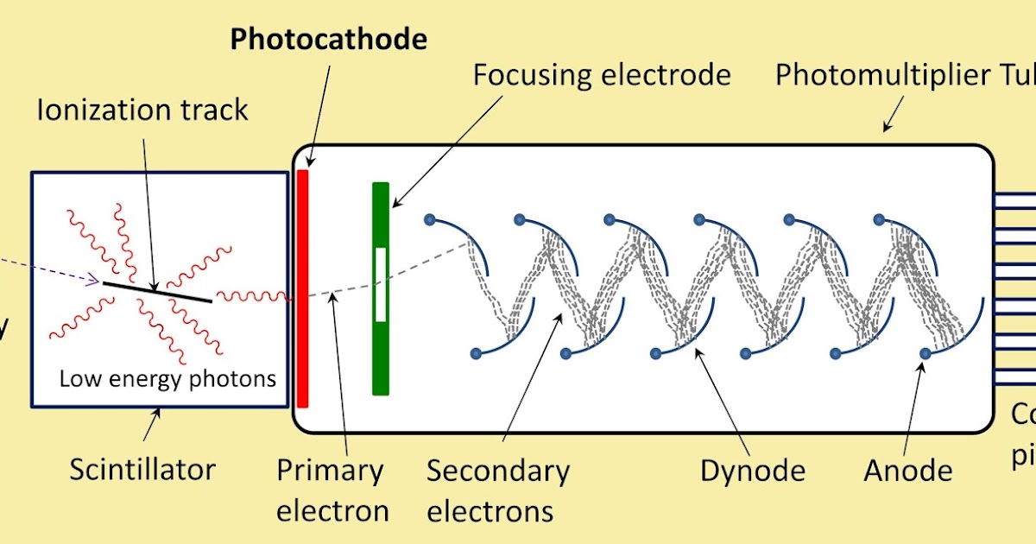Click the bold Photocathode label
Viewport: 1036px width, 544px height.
329,39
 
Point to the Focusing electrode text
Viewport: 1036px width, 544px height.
602,75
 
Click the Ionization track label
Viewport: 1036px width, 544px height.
142,110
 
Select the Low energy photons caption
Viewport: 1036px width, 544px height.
167,378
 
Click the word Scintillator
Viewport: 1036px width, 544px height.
142,470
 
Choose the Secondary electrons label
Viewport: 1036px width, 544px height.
498,490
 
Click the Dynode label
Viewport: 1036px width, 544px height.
752,471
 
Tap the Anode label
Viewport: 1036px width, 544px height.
908,471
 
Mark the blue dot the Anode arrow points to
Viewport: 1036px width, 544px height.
925,353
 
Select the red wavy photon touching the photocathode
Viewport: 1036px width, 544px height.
255,296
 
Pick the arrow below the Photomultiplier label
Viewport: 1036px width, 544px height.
893,113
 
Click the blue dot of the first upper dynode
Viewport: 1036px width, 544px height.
430,220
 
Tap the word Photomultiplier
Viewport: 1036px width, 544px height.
872,75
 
